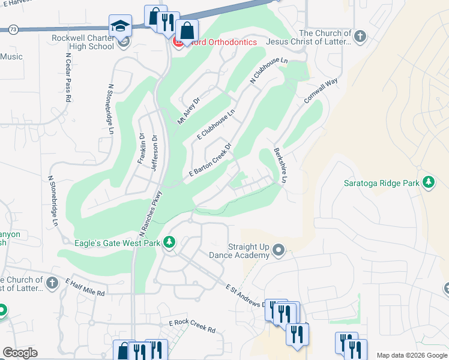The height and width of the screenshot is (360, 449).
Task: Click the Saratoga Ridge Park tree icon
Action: (429, 182)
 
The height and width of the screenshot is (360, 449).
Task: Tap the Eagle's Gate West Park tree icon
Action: (170, 241)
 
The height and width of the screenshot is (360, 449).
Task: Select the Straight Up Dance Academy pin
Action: (278, 249)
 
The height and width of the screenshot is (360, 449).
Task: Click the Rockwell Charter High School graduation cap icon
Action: (119, 26)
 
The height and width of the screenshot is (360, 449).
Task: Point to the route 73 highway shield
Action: (13, 29)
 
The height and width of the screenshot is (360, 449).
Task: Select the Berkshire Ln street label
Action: (281, 166)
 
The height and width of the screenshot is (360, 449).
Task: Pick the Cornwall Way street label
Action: (321, 91)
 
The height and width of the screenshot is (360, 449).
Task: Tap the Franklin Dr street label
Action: (142, 148)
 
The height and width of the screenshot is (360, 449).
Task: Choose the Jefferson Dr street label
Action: (154, 152)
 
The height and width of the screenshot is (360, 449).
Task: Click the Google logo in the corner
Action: (20, 353)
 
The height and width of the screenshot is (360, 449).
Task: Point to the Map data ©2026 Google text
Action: (411, 355)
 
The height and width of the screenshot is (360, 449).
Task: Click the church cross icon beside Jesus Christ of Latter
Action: (360, 37)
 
